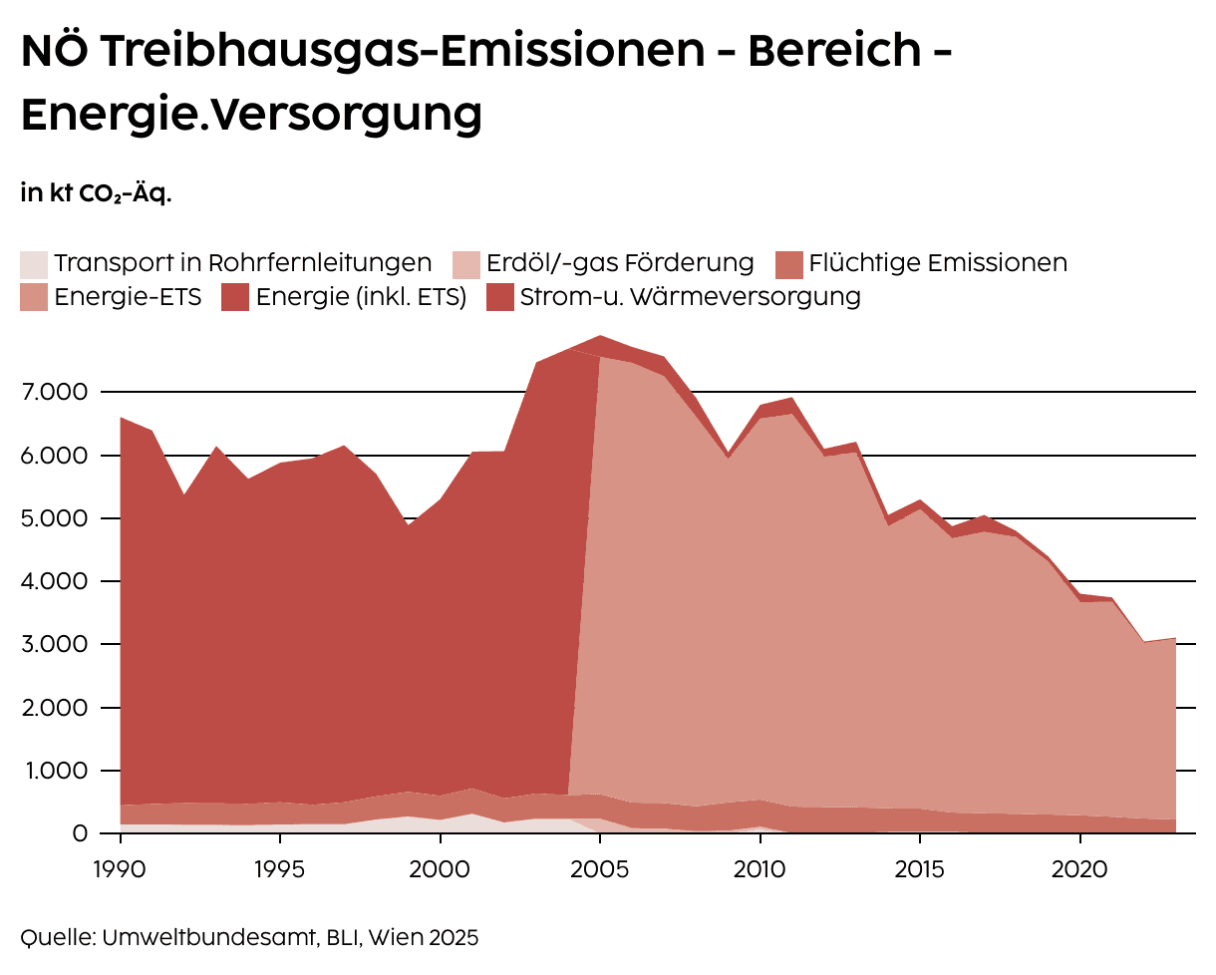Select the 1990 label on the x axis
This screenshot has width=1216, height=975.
point(121,867)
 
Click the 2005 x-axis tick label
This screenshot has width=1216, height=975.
point(600,867)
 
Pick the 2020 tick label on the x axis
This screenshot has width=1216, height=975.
point(1079,867)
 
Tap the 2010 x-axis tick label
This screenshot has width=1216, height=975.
point(760,867)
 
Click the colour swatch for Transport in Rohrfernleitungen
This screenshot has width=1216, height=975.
point(33,264)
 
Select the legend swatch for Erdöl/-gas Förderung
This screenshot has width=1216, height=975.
point(465,264)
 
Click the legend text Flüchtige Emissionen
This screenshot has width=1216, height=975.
point(938,263)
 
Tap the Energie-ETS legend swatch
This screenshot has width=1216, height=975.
point(33,297)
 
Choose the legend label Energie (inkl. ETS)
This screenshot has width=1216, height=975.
point(361,297)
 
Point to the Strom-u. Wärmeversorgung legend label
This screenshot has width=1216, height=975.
point(690,297)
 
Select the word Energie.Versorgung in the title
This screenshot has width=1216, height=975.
point(251,115)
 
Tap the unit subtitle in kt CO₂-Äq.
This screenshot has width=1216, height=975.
point(96,193)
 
